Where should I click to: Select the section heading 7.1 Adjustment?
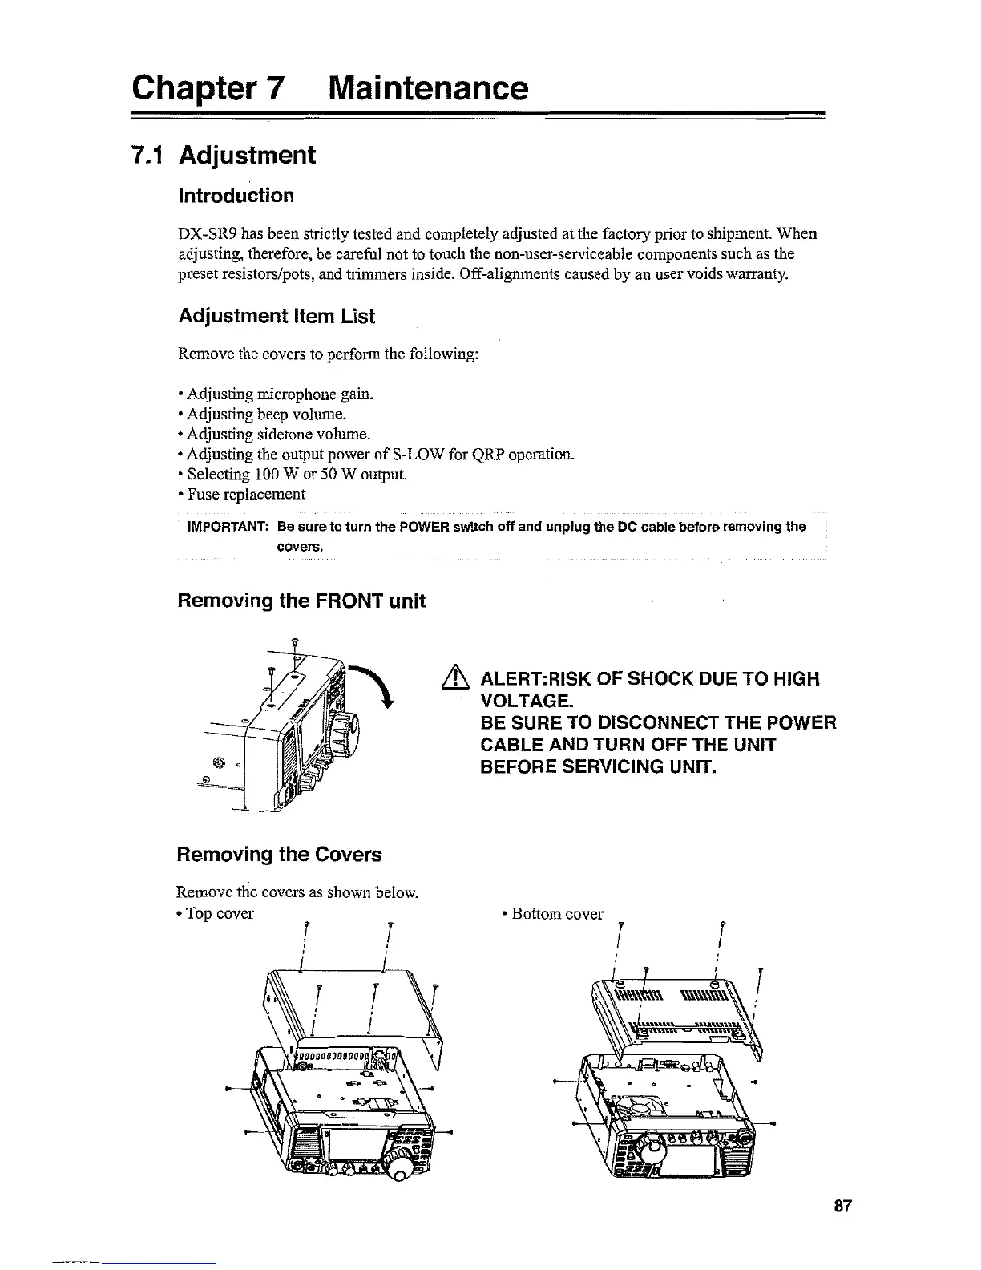click(225, 155)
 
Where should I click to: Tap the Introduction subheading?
click(236, 196)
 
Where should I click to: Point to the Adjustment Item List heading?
click(276, 317)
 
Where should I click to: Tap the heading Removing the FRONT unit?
click(301, 601)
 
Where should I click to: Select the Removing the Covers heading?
click(279, 855)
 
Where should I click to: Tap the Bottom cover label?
click(556, 914)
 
